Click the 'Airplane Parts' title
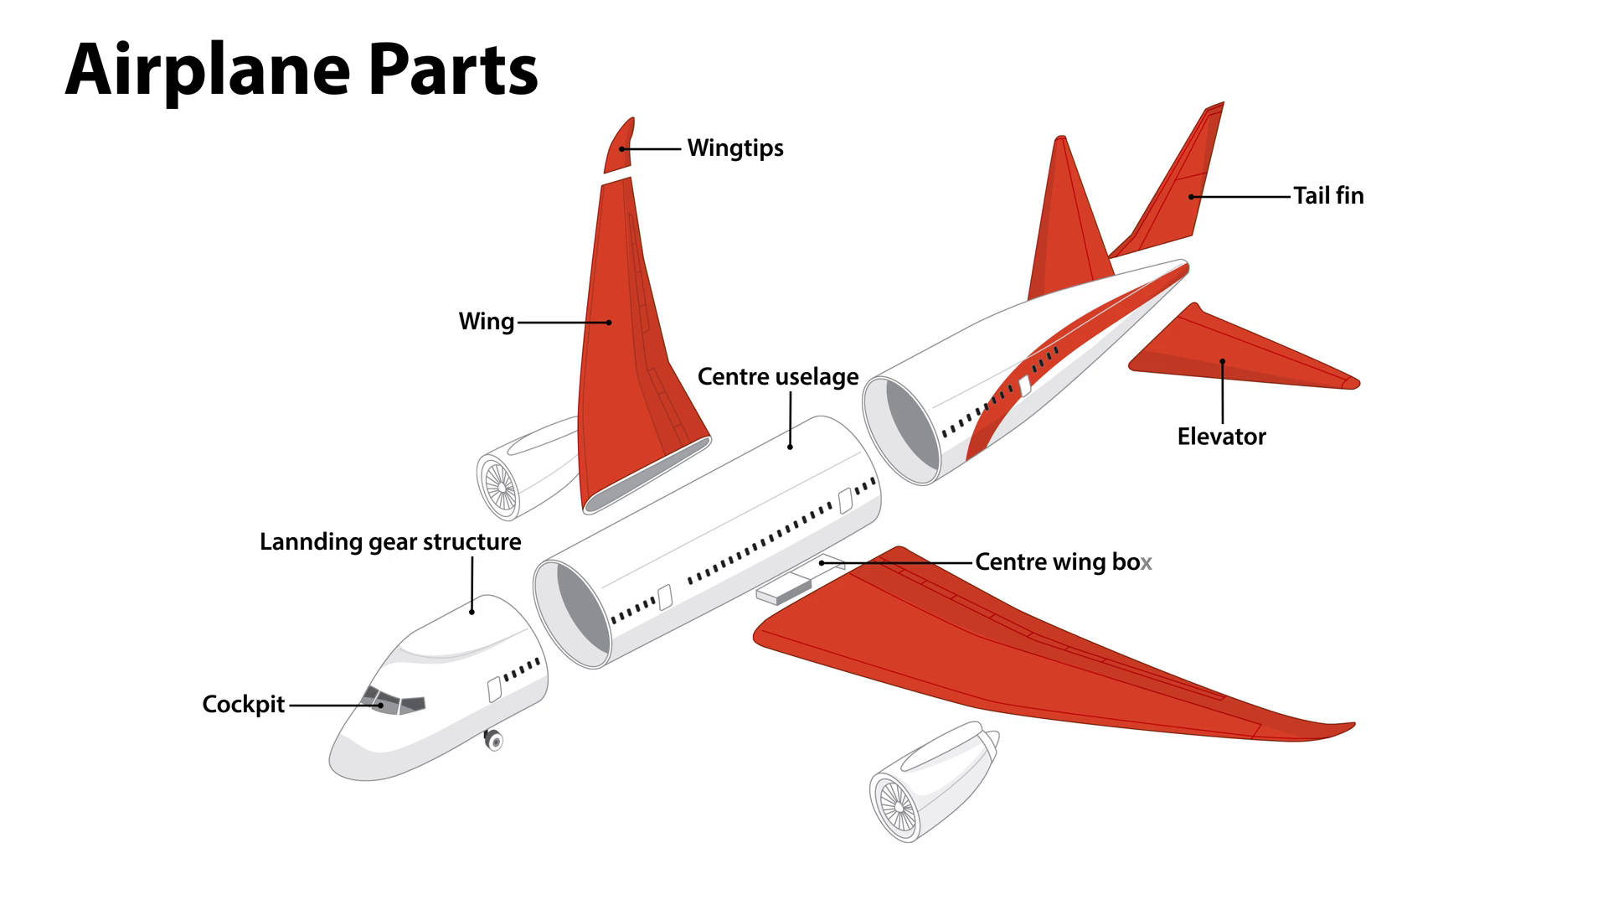point(301,70)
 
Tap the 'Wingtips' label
point(735,148)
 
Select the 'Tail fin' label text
point(1328,196)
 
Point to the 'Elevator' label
point(1221,437)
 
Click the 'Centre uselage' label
point(778,377)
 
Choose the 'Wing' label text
point(486,322)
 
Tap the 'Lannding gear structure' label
point(390,542)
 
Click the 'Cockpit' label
point(244,705)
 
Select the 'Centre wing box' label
point(1064,562)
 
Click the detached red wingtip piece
point(620,146)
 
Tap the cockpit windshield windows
point(394,701)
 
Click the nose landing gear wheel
point(494,741)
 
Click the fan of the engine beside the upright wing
point(500,487)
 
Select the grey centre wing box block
point(783,590)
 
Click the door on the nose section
point(494,690)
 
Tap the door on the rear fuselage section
point(1024,386)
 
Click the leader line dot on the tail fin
point(1191,197)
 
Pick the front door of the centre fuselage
point(665,597)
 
